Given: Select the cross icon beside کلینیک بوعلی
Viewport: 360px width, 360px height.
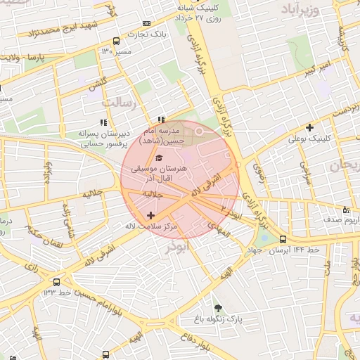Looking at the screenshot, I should coord(309,127).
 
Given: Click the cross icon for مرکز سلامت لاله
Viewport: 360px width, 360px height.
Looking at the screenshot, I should coord(150,214).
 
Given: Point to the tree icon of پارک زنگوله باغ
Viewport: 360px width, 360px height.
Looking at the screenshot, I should coord(218,307).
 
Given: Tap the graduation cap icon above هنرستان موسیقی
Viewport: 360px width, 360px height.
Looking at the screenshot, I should coord(159,157).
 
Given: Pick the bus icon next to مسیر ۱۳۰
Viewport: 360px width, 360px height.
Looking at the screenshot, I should coord(115,41).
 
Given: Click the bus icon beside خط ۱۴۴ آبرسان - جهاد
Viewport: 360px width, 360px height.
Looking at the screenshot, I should coord(283,239).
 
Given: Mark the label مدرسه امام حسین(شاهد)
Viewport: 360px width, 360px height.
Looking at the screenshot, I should coord(161,136).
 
